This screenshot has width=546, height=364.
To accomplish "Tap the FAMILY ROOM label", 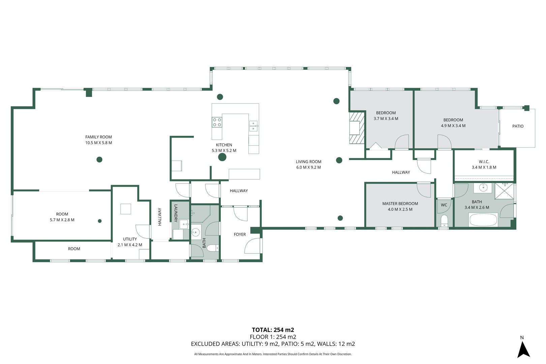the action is [x=98, y=137].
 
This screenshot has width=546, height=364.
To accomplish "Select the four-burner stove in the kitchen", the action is [x=217, y=122].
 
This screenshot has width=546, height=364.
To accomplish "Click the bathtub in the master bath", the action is [x=483, y=220].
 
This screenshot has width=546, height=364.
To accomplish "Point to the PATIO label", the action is [x=518, y=126].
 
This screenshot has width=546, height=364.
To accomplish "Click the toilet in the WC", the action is [x=444, y=221].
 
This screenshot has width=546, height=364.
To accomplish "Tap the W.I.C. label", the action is [x=484, y=162].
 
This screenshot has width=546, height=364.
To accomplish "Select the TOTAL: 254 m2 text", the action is [x=273, y=330].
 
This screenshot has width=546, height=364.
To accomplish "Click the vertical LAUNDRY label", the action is [x=176, y=213].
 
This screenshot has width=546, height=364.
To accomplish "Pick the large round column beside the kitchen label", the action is [x=222, y=157].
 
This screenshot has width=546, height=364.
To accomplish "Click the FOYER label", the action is [x=240, y=235].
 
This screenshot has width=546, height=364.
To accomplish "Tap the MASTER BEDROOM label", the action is [x=400, y=204].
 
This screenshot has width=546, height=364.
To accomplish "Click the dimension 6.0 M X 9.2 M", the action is [x=308, y=168].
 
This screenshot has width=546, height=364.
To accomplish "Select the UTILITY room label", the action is [x=130, y=239].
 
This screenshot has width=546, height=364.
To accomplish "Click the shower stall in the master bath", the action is [x=504, y=191].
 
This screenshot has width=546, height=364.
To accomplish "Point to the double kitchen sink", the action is [x=253, y=126].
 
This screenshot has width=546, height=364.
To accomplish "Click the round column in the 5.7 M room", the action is [x=100, y=221].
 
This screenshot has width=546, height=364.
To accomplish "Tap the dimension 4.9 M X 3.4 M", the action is [x=453, y=126].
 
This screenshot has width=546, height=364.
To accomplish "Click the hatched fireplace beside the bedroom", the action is [x=357, y=128].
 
